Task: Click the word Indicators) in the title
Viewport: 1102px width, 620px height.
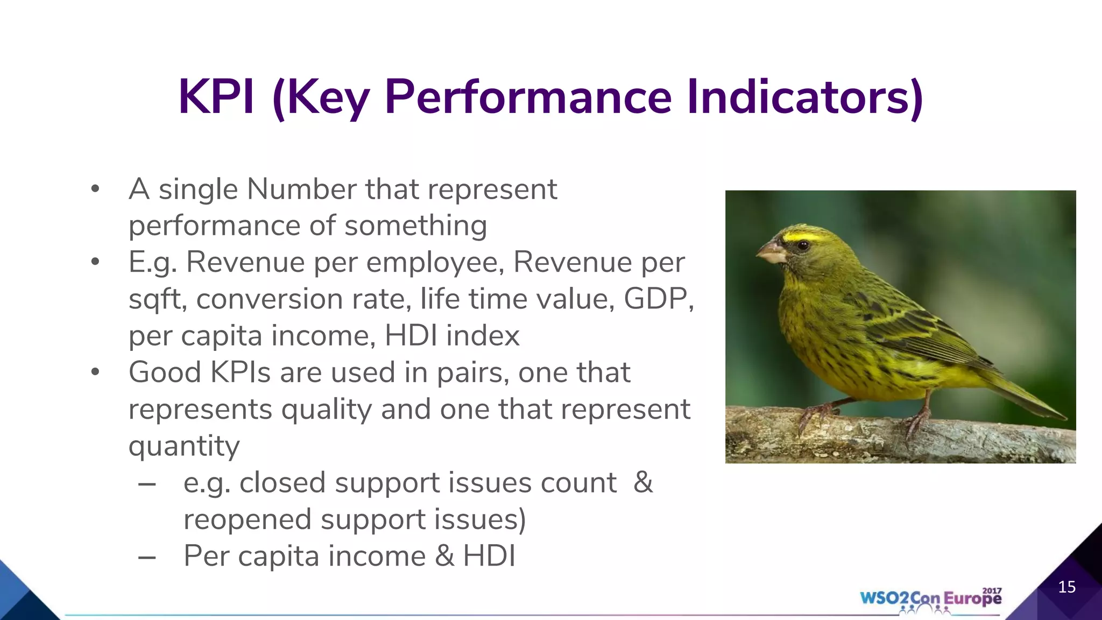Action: [x=806, y=97]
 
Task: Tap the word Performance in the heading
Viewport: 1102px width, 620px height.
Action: [x=528, y=97]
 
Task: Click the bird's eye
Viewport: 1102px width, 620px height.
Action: [x=803, y=246]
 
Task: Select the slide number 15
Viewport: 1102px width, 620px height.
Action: [x=1066, y=587]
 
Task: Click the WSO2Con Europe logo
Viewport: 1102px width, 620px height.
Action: [x=930, y=599]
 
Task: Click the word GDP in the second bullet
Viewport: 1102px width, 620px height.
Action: [x=658, y=299]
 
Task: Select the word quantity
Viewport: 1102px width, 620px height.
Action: [x=184, y=447]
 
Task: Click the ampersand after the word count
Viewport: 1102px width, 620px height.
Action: [x=643, y=482]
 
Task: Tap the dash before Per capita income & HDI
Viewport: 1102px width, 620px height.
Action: [x=147, y=557]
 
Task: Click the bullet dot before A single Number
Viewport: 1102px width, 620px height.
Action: [x=95, y=189]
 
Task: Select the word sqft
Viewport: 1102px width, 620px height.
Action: [x=157, y=299]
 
